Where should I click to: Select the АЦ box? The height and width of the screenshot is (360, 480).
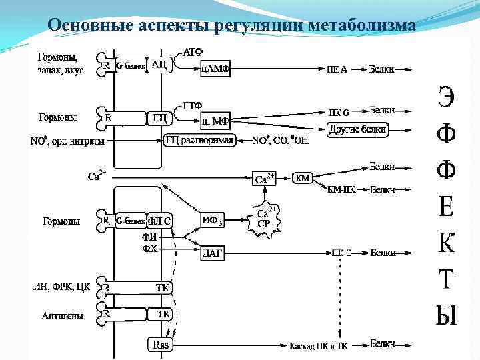[160, 65]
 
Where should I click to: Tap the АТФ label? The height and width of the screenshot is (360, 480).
[193, 51]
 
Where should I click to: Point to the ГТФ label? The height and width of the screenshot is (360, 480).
[193, 106]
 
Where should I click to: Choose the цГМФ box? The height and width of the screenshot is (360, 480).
[215, 121]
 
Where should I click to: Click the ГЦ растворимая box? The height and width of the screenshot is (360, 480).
[199, 141]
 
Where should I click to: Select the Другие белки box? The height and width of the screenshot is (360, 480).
[358, 130]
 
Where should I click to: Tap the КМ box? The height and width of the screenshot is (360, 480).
[303, 179]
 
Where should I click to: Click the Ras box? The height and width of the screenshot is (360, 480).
[161, 345]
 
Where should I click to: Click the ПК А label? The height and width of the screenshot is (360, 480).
[337, 69]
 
